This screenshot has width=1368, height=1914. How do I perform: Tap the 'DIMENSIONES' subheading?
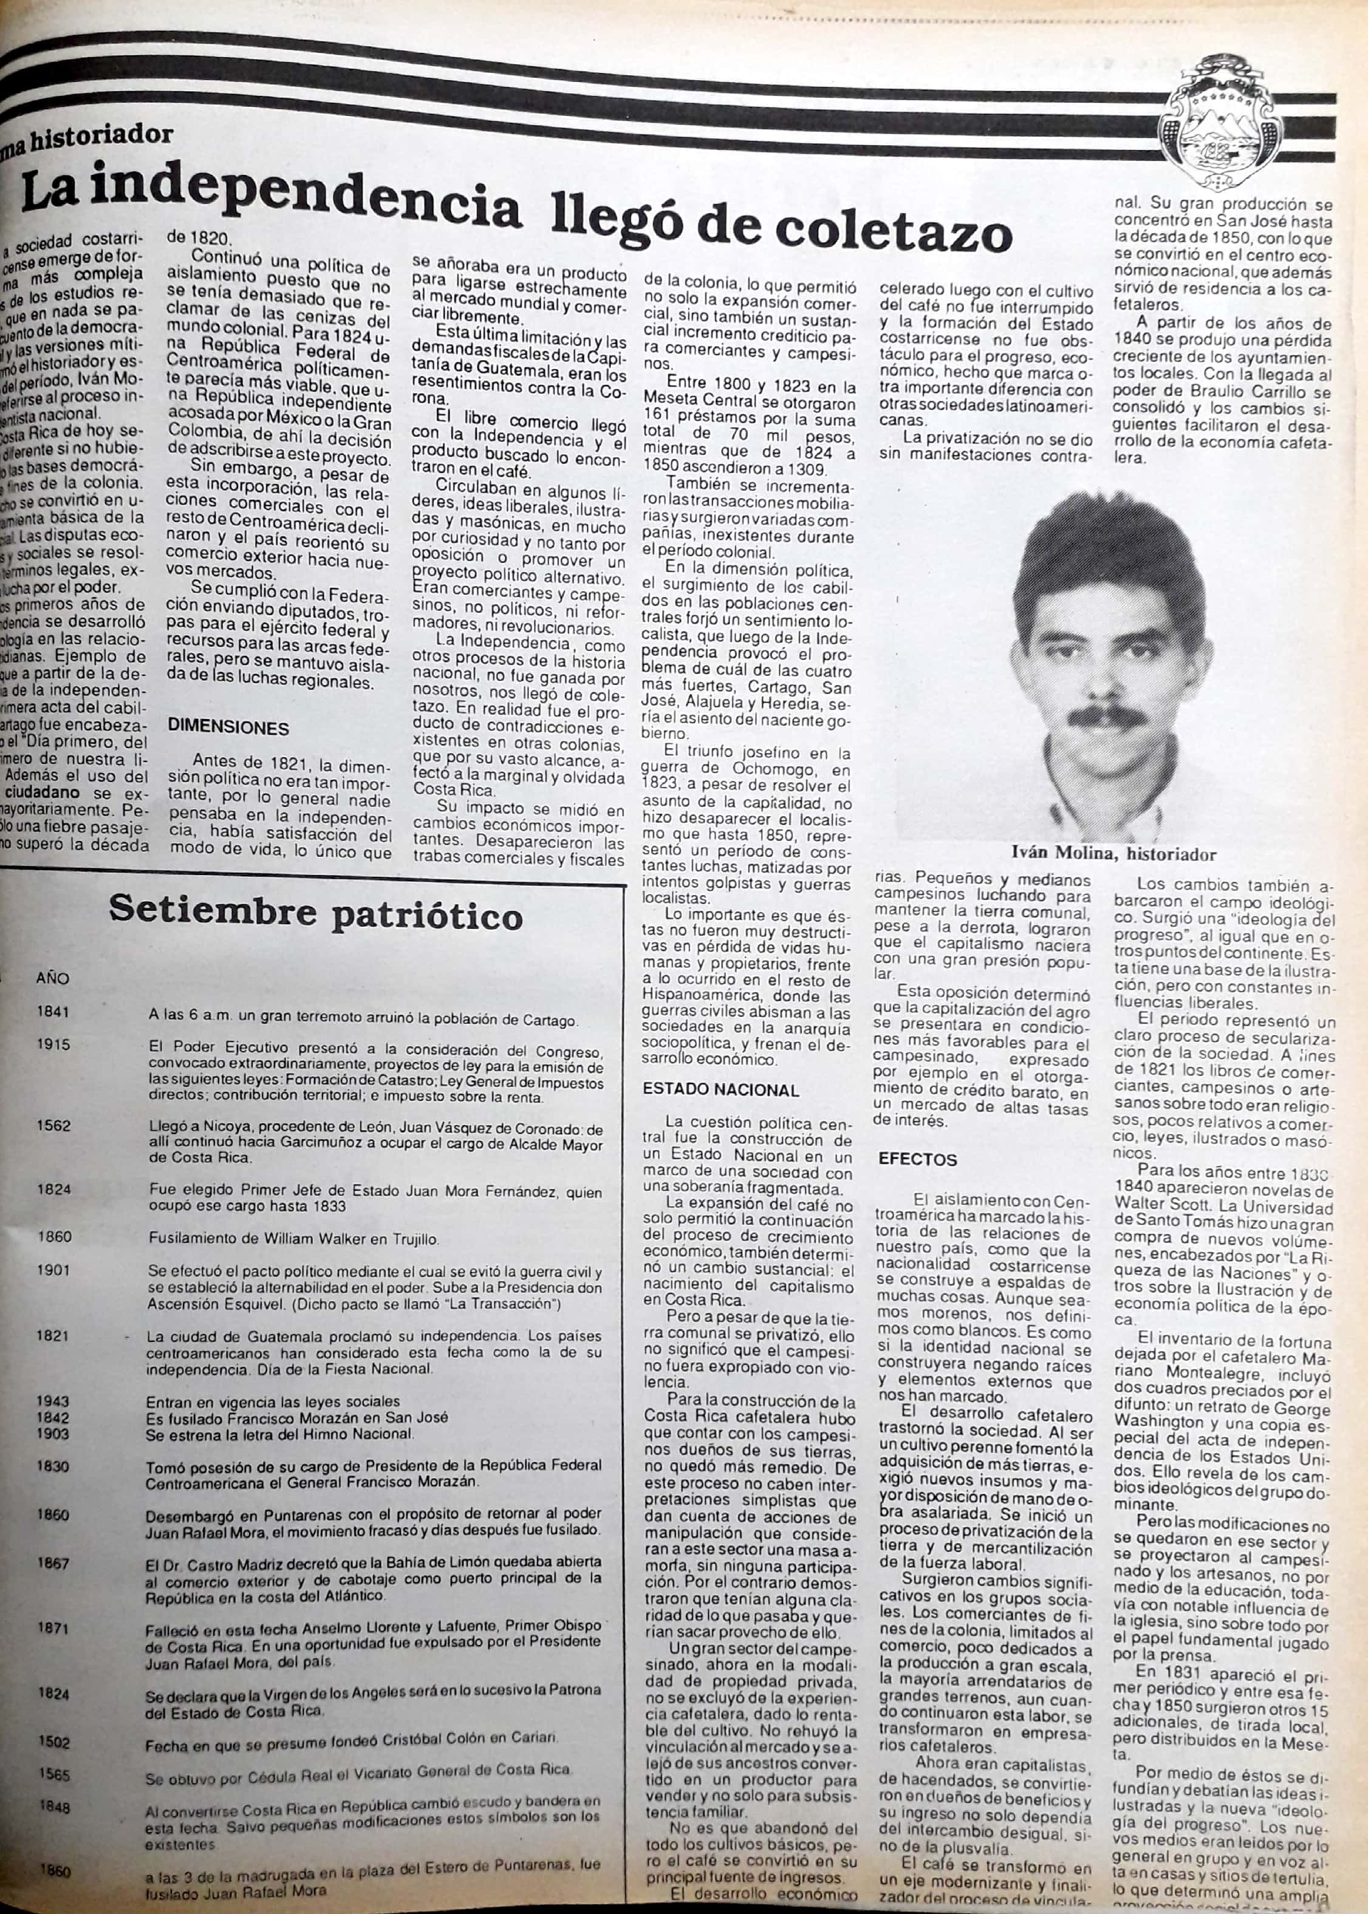228,727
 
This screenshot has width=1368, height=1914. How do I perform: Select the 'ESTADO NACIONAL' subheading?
720,1089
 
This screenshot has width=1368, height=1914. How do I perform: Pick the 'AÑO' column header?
52,978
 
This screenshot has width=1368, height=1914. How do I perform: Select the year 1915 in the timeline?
54,1044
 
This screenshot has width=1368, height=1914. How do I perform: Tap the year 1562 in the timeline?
54,1126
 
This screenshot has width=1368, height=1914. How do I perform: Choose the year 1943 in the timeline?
54,1400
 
